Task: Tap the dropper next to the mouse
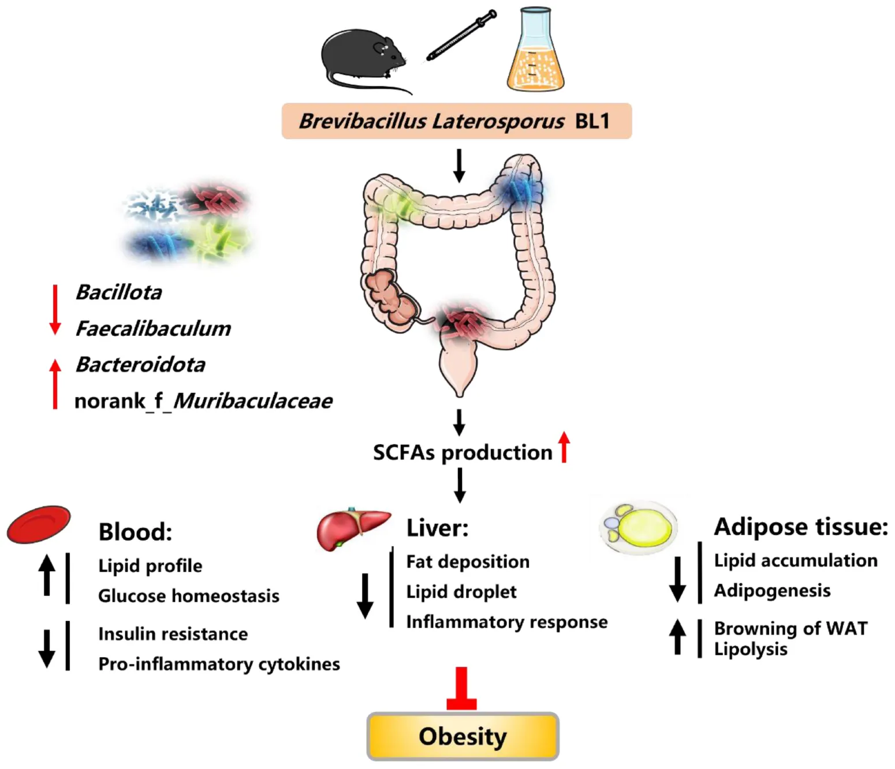[461, 35]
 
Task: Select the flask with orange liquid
[535, 52]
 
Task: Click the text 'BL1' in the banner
[592, 121]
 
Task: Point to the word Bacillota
[119, 292]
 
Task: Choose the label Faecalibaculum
[153, 329]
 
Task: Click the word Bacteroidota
[140, 365]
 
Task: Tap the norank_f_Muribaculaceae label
[203, 401]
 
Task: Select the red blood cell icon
[39, 524]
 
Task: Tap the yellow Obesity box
[463, 736]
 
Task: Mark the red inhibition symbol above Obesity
[461, 689]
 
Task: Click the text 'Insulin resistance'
[173, 634]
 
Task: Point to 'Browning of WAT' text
[790, 628]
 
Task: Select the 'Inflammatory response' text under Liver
[506, 622]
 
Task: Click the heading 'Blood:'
[135, 532]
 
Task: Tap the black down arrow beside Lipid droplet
[365, 595]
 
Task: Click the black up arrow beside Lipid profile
[47, 575]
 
